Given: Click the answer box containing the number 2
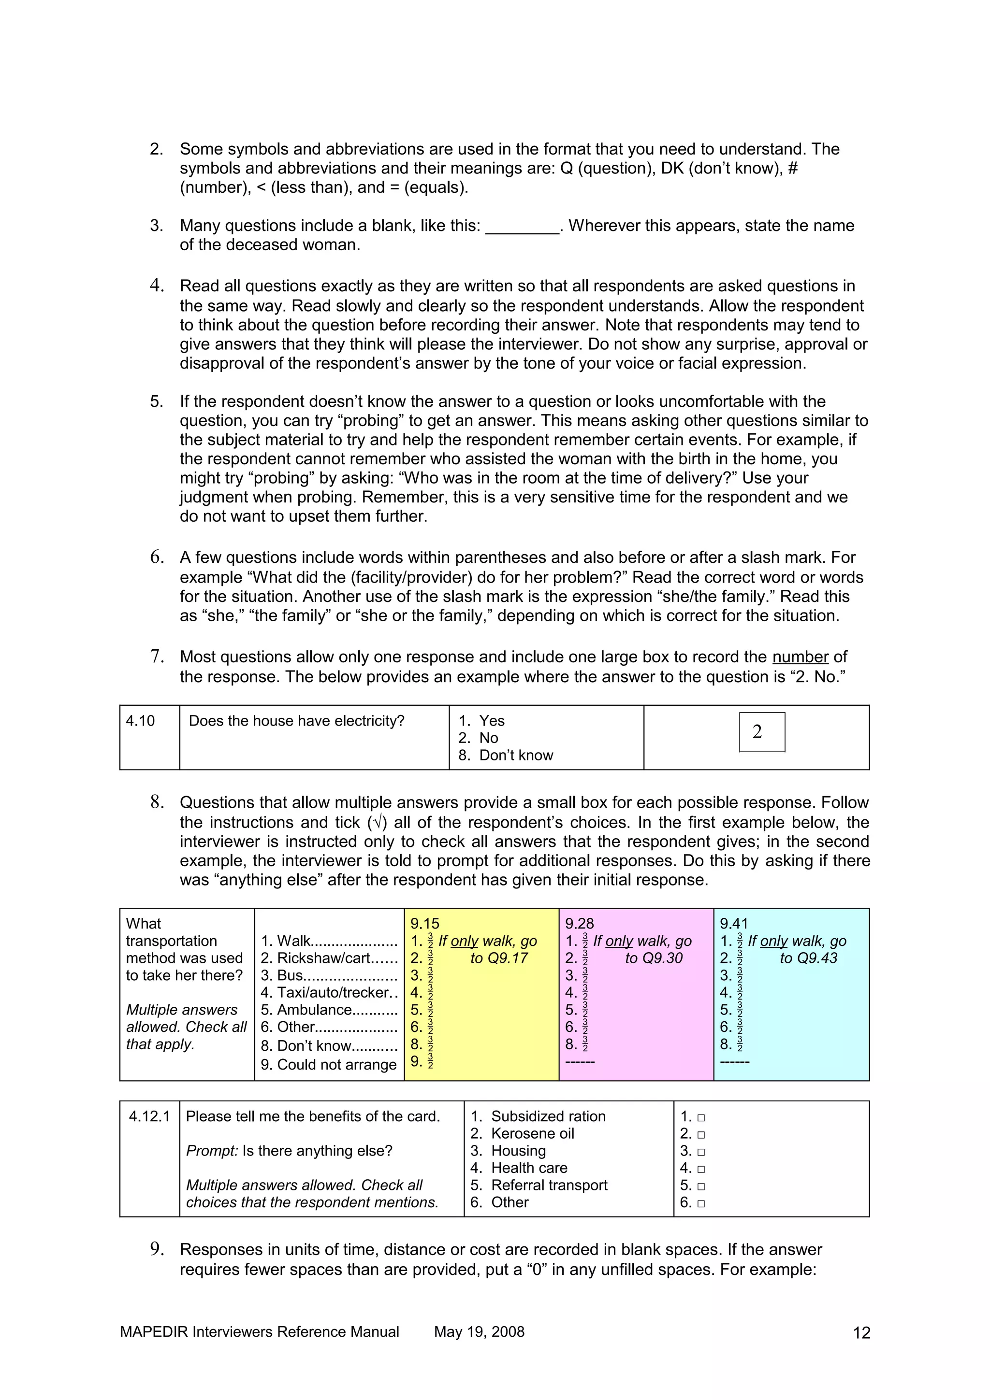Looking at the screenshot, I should coord(761,732).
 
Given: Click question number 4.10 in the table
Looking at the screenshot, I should coord(140,721).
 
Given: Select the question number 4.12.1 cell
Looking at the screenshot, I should coord(149,1116).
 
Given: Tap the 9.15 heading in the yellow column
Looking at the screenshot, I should coord(424,924).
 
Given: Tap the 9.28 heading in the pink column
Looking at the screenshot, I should coord(580,924).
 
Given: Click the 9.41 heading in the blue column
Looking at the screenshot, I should coord(734,924).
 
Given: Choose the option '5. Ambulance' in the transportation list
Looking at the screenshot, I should coord(329,1010).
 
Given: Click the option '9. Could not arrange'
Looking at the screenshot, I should coord(329,1065).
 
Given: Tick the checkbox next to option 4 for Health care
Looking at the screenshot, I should coord(701,1169).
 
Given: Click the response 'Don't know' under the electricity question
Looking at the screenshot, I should coord(515,756).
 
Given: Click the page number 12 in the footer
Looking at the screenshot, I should coord(861,1333).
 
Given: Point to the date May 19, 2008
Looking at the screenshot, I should coord(479,1332).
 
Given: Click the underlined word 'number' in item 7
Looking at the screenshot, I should coord(800,657).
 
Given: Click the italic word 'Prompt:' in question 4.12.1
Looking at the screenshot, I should coord(212,1151).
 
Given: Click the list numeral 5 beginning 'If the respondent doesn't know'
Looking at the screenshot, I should coord(156,402).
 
